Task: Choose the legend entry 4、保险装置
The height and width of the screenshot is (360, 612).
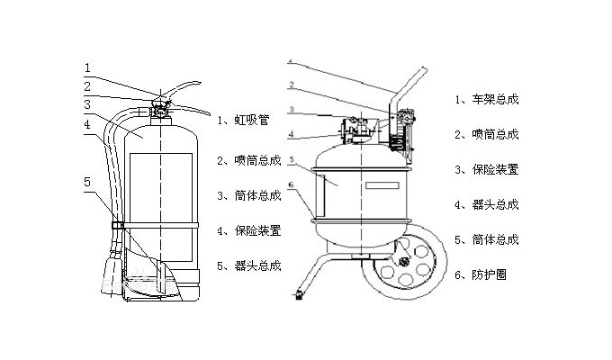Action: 249,230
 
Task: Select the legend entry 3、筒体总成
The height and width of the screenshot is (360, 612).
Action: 249,195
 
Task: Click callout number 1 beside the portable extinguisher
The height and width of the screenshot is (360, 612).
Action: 87,67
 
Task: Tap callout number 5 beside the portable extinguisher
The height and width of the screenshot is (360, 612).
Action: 87,182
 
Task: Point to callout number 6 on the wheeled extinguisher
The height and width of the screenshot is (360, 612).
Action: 290,184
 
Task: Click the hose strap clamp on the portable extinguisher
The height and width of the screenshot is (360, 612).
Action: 116,222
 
